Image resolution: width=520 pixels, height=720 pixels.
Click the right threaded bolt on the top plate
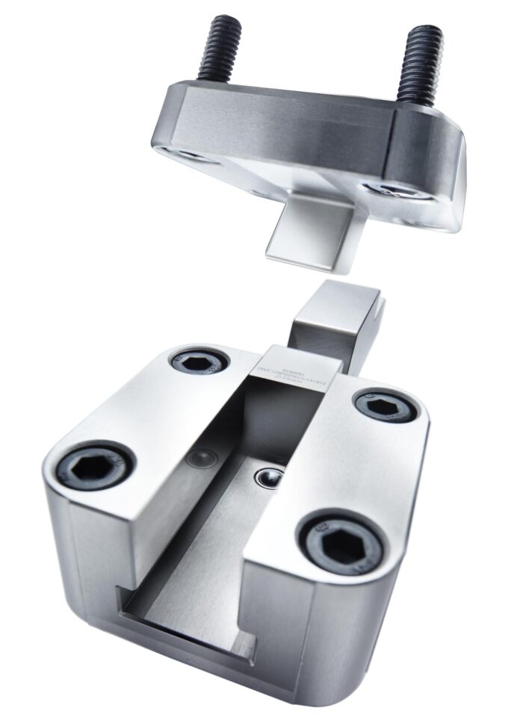pos(420,64)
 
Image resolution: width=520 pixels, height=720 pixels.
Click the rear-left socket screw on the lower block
pos(199,362)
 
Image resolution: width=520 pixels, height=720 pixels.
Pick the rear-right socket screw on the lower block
pos(386,406)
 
